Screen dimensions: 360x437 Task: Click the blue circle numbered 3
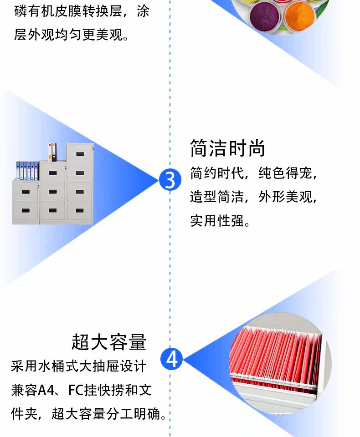tap(170, 180)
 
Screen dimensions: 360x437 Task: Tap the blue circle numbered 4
tap(172, 359)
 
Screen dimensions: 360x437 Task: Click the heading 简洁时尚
tap(227, 148)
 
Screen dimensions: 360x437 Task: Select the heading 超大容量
tap(109, 342)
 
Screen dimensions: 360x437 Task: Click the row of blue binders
tap(27, 170)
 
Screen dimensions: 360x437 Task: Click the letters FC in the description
tap(76, 391)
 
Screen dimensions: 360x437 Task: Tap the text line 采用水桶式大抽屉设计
tap(78, 366)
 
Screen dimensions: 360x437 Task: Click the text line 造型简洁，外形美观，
tap(253, 197)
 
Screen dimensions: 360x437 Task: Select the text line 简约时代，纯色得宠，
tap(253, 173)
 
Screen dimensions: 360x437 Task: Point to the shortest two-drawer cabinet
tap(26, 202)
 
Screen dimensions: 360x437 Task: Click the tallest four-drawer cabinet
tap(80, 183)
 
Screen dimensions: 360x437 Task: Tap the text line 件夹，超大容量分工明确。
tap(88, 414)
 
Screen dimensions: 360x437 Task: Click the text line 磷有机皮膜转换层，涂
tap(82, 11)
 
